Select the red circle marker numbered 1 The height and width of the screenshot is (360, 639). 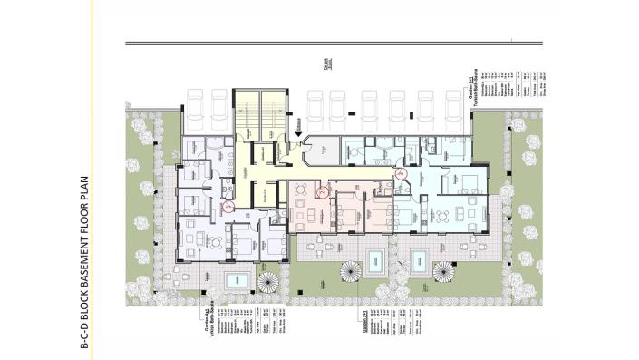tap(228, 208)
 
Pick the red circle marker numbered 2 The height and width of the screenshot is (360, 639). tap(320, 190)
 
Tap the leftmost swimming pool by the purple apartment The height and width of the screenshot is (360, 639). tap(238, 276)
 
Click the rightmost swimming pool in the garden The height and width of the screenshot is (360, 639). tap(420, 261)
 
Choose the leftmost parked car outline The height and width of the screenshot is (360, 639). tap(196, 108)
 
